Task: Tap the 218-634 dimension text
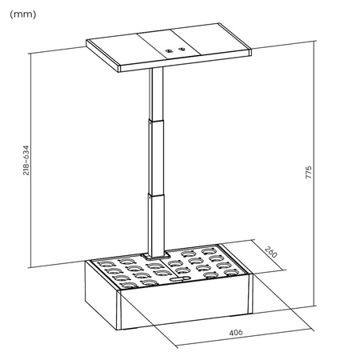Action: pyautogui.click(x=26, y=161)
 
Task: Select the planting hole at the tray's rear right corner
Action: pyautogui.click(x=229, y=254)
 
